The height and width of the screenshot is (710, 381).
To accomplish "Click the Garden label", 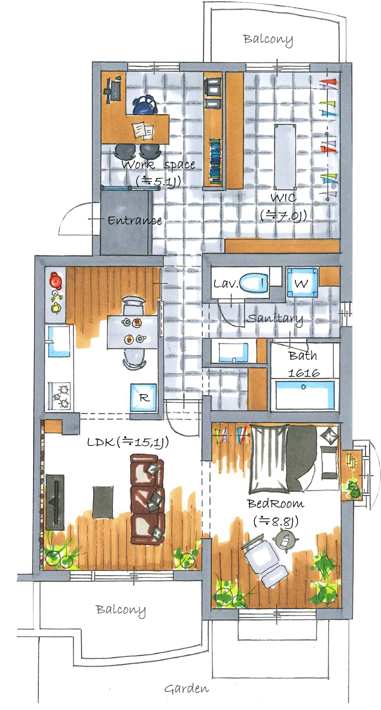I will tap(186, 688).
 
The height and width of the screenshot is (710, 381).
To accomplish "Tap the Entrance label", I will tap(135, 220).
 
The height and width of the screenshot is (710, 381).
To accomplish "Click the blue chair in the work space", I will tap(145, 106).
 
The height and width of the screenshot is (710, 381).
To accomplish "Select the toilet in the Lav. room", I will tap(254, 284).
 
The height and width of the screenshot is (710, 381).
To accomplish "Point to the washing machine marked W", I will tap(302, 284).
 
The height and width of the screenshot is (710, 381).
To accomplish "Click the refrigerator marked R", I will tap(143, 397).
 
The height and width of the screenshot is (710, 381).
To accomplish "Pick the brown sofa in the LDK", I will tap(147, 498).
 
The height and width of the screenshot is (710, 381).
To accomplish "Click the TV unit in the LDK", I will tap(55, 502).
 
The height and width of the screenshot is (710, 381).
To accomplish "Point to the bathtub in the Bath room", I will tap(305, 394).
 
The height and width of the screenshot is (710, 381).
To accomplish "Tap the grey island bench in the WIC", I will tap(285, 156).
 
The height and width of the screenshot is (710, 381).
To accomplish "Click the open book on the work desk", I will tap(143, 130).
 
